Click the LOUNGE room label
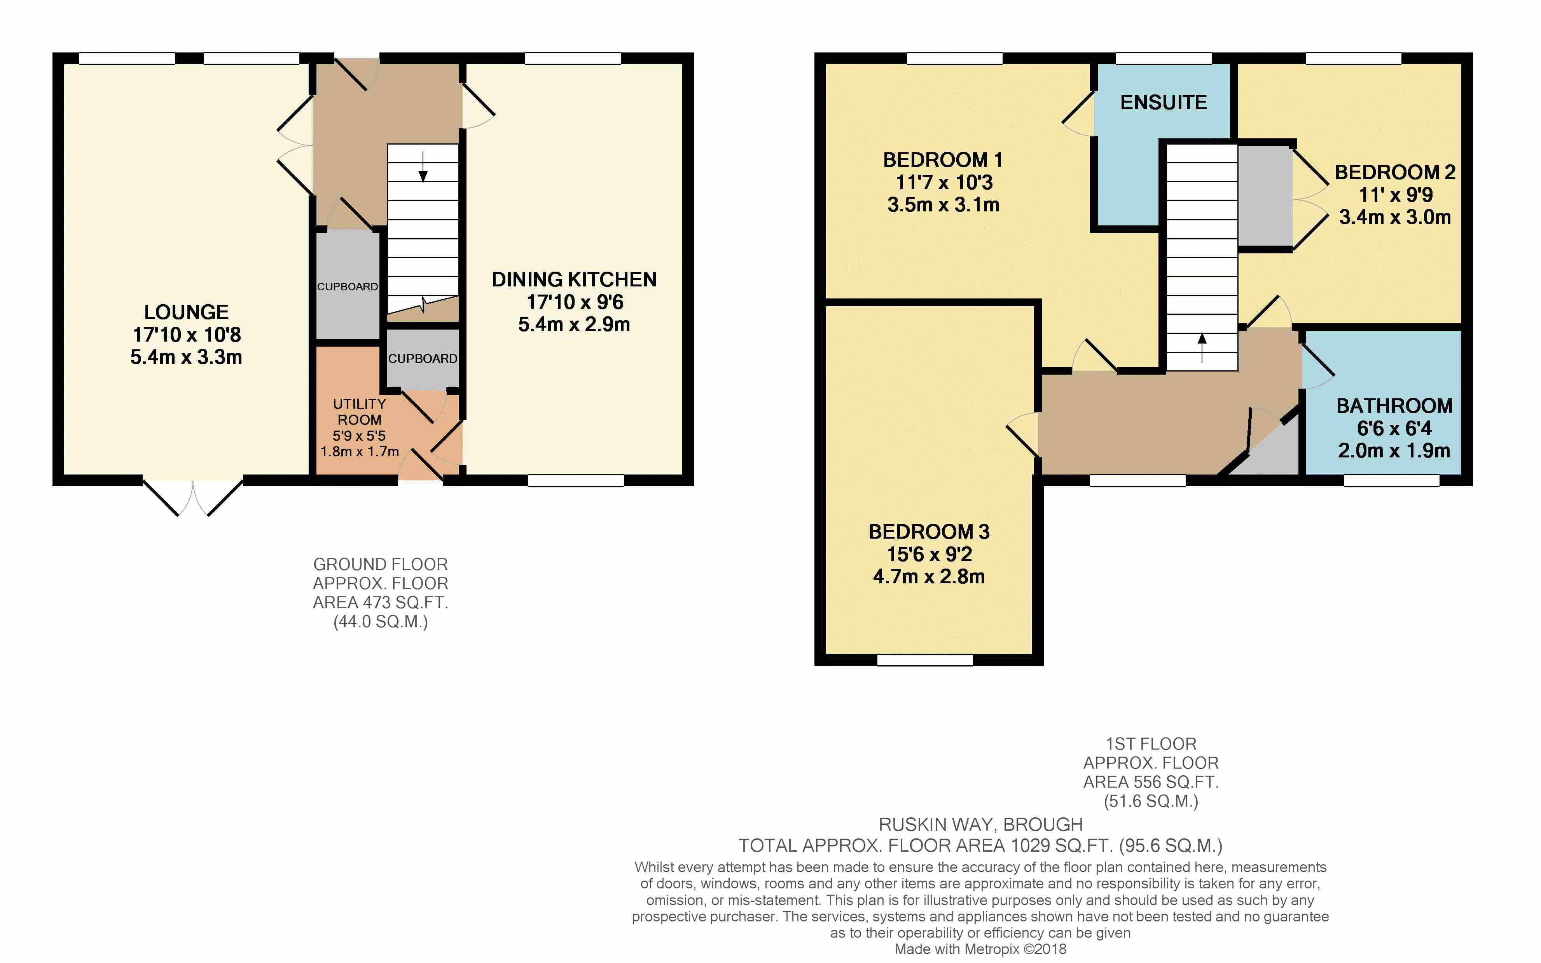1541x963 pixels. (x=186, y=312)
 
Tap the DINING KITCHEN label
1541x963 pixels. (x=574, y=279)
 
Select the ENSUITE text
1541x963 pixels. (x=1163, y=103)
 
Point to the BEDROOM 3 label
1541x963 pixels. (x=929, y=532)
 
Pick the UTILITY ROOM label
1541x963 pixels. (x=359, y=412)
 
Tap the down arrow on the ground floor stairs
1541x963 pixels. (x=423, y=166)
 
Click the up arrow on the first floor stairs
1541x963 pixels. (x=1202, y=348)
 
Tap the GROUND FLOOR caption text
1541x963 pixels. (x=380, y=564)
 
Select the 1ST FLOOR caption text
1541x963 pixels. (x=1150, y=744)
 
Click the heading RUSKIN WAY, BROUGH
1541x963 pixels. (x=980, y=825)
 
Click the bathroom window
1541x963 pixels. (x=1391, y=481)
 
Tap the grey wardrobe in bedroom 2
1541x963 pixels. (x=1265, y=195)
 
